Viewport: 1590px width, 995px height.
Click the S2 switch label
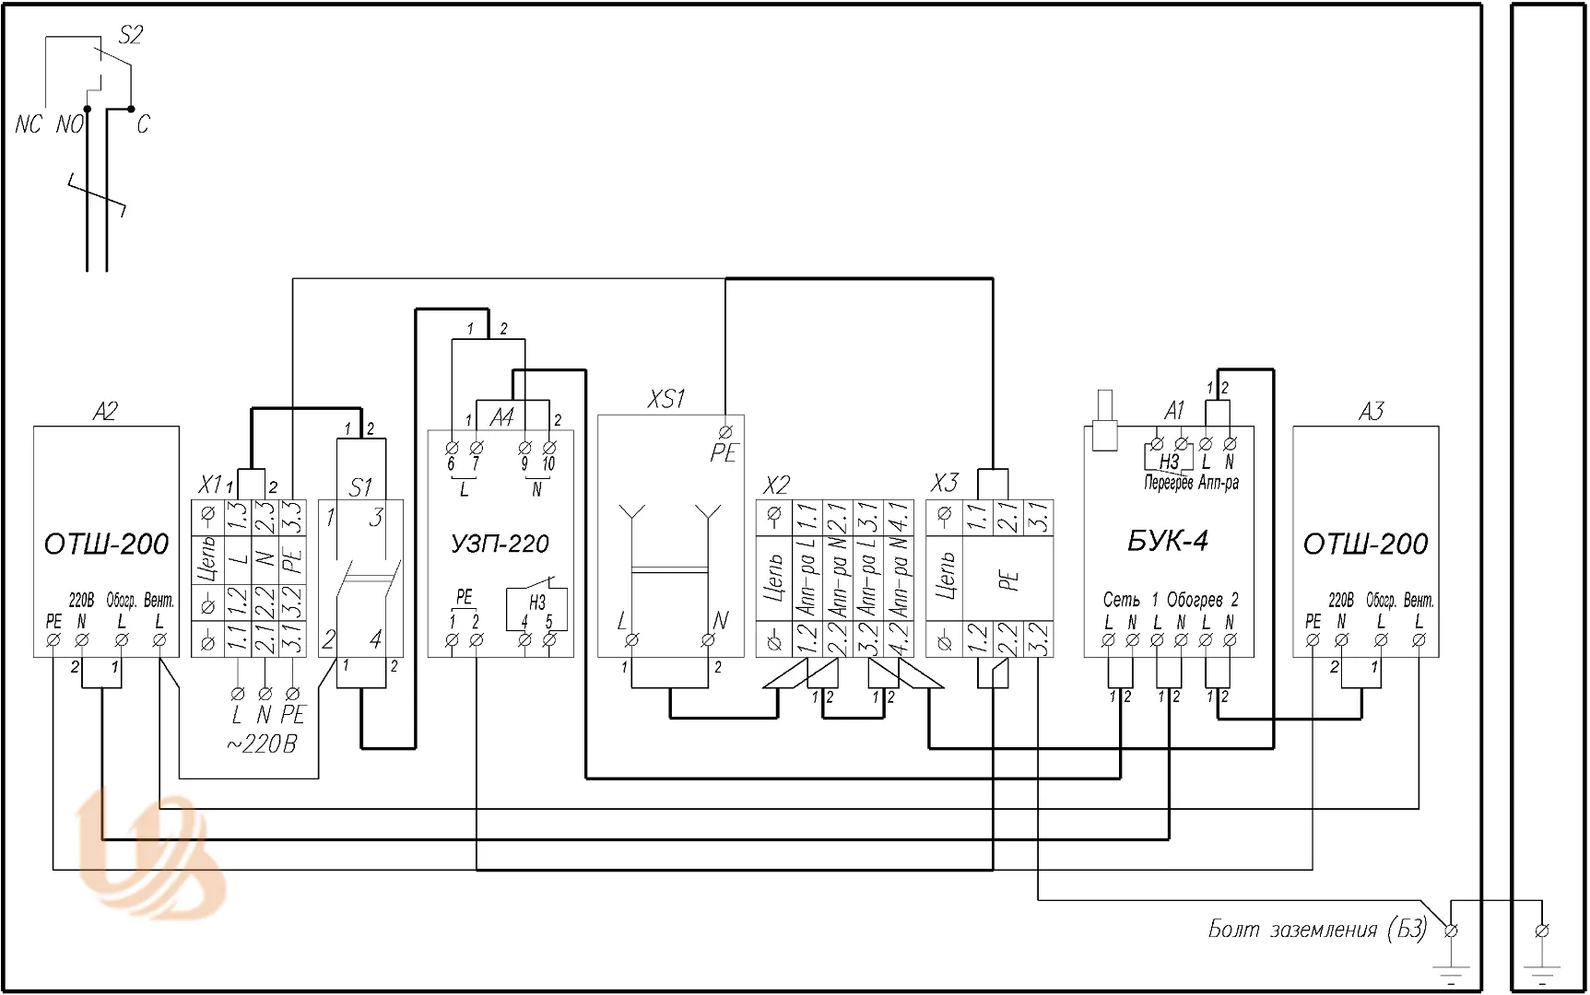click(x=131, y=35)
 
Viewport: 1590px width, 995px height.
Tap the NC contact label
click(x=29, y=124)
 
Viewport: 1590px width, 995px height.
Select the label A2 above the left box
click(x=105, y=411)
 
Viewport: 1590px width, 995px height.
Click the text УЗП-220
click(x=501, y=544)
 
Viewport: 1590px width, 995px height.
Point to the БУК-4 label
click(x=1167, y=541)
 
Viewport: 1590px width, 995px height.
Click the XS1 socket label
click(x=666, y=399)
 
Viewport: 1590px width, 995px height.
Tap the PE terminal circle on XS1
click(x=725, y=431)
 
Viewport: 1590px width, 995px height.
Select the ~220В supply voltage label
click(x=262, y=743)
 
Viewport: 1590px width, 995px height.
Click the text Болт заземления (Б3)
click(x=1317, y=930)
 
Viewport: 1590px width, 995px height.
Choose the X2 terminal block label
click(x=777, y=485)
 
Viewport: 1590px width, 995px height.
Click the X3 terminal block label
click(x=945, y=483)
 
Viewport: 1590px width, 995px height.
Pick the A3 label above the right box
click(x=1371, y=411)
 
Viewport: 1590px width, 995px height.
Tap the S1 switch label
click(x=360, y=486)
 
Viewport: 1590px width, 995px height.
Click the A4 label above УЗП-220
click(x=501, y=417)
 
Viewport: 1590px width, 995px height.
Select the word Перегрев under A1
click(x=1168, y=483)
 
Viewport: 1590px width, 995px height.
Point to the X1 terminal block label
click(x=210, y=485)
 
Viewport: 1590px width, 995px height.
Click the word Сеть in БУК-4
click(x=1121, y=600)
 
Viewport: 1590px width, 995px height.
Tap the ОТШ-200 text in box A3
click(x=1365, y=544)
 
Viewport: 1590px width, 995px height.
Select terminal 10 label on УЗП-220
click(x=548, y=464)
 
